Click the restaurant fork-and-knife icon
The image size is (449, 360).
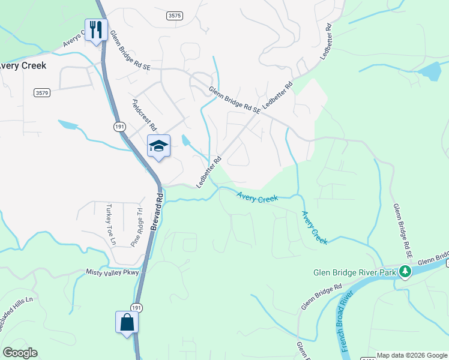[x=96, y=29]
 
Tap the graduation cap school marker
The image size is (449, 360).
[x=159, y=146]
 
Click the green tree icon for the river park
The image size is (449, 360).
[x=406, y=272]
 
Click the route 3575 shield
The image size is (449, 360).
[x=175, y=16]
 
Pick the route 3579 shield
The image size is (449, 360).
[x=41, y=92]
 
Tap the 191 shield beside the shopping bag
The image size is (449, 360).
[x=137, y=307]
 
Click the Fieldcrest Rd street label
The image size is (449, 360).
[x=144, y=115]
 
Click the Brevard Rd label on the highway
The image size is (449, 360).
[x=158, y=211]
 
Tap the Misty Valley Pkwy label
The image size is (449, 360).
[x=112, y=272]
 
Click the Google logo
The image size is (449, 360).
[x=20, y=353]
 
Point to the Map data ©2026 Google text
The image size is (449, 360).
[x=412, y=355]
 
